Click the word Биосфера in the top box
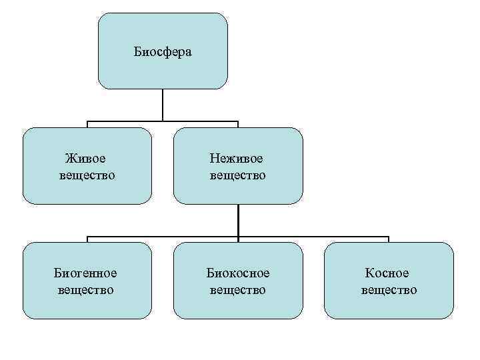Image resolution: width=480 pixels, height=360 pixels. tap(163, 51)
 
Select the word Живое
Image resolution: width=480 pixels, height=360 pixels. tap(86, 159)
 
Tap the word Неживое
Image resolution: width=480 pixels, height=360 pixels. tap(237, 159)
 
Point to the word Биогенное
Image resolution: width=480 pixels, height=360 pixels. tap(85, 273)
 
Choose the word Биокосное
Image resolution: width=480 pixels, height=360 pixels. tap(237, 273)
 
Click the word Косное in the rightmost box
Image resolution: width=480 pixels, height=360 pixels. tap(388, 273)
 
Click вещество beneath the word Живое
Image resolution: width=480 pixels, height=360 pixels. tap(86, 175)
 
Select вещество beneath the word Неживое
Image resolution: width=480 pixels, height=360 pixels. tap(237, 175)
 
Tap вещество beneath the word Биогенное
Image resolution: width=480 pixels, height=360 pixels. tap(85, 290)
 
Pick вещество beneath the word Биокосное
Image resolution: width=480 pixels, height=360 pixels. tap(237, 290)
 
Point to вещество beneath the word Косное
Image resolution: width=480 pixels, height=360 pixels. tap(389, 290)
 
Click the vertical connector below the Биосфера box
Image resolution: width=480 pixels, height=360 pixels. tap(163, 105)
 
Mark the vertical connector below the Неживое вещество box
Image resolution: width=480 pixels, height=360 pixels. tap(238, 220)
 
